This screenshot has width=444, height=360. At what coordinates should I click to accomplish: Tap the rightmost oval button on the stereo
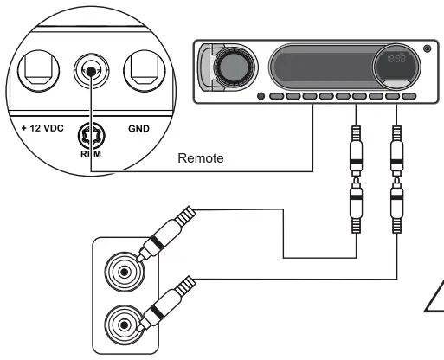click(407, 96)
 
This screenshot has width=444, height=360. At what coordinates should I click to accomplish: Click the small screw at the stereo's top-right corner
click(426, 46)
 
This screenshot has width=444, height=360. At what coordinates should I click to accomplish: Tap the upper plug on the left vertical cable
click(355, 145)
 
